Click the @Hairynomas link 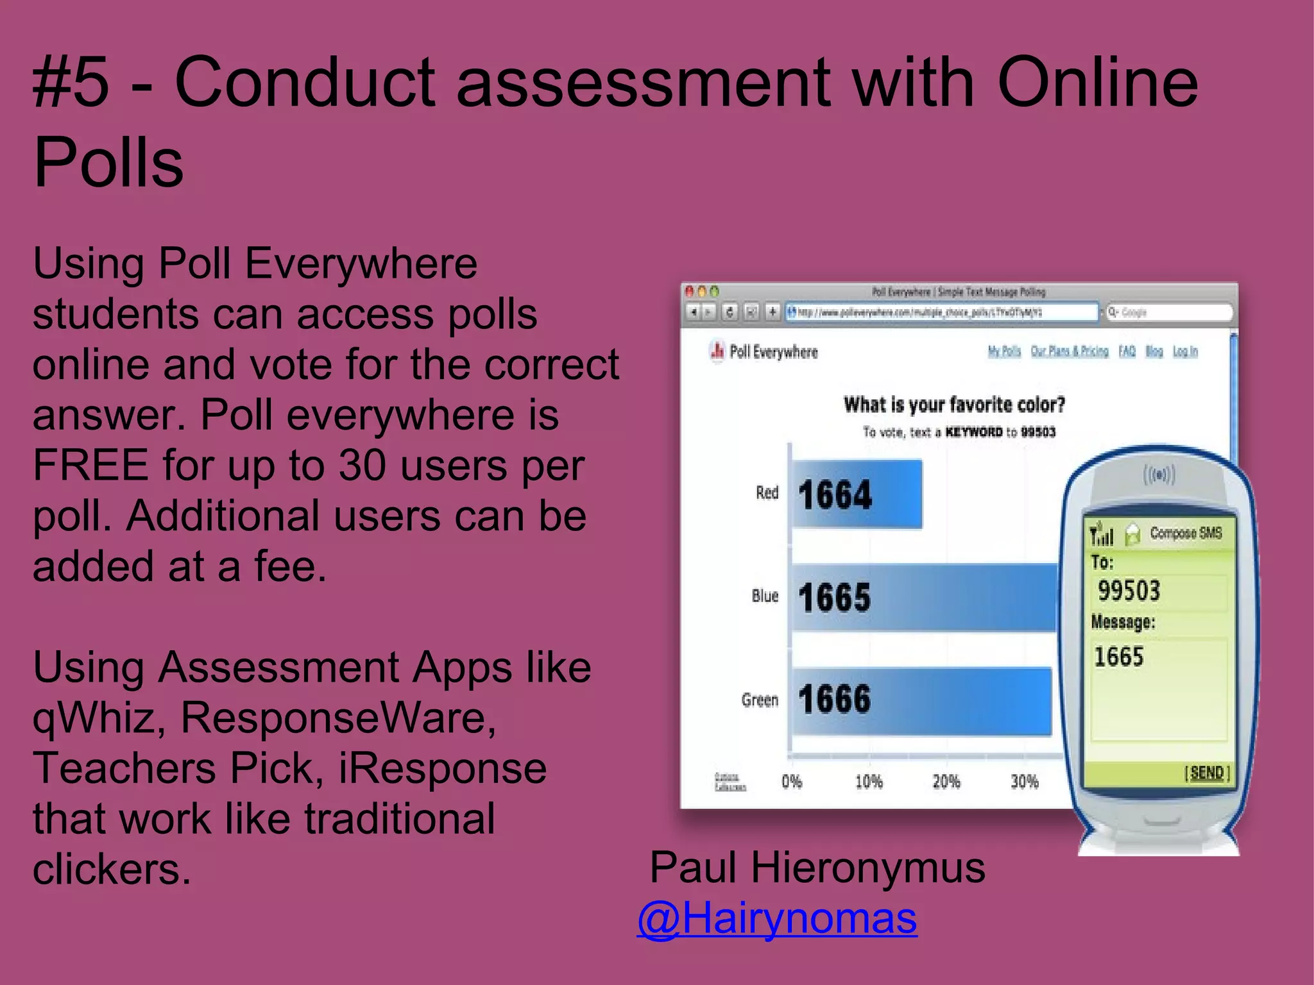pyautogui.click(x=777, y=919)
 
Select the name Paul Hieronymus pyautogui.click(x=817, y=868)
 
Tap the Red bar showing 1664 pyautogui.click(x=857, y=494)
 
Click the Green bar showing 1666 pyautogui.click(x=921, y=700)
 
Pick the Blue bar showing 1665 pyautogui.click(x=924, y=598)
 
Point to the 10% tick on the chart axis pyautogui.click(x=869, y=782)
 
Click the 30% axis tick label pyautogui.click(x=1024, y=782)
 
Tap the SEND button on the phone pyautogui.click(x=1207, y=773)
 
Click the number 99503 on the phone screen pyautogui.click(x=1129, y=591)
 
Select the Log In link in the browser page pyautogui.click(x=1185, y=351)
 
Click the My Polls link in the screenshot pyautogui.click(x=1004, y=351)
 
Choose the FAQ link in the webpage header pyautogui.click(x=1127, y=351)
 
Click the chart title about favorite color pyautogui.click(x=954, y=405)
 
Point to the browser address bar pyautogui.click(x=942, y=312)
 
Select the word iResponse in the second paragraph pyautogui.click(x=443, y=768)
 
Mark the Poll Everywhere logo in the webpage pyautogui.click(x=764, y=351)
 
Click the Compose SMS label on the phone pyautogui.click(x=1186, y=533)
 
